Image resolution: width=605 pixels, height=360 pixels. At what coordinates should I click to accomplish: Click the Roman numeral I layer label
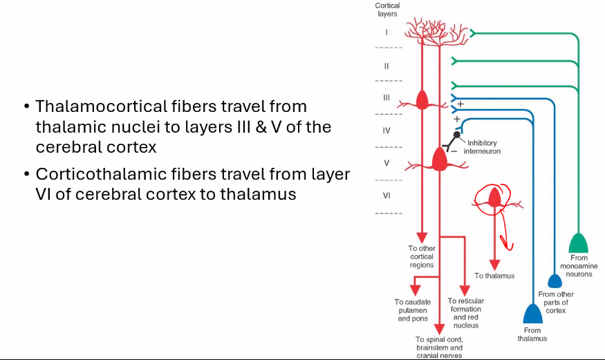387,32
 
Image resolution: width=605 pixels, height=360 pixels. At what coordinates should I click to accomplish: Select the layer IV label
387,130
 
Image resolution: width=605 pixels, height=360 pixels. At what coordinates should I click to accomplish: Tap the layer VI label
387,196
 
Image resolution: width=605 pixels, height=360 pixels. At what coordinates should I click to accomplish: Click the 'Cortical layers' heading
387,10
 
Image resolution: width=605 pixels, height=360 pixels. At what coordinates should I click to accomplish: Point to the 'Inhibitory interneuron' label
482,146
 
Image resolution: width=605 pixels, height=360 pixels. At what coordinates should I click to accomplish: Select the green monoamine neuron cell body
579,243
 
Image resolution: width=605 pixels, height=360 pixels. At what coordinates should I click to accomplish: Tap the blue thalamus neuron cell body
532,314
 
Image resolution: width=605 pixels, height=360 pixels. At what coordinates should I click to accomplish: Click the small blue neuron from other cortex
555,281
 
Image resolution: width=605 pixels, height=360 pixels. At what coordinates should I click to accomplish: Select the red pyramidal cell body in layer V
440,160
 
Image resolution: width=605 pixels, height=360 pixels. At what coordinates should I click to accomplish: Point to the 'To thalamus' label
494,276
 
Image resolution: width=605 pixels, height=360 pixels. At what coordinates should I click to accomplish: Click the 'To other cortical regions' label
421,256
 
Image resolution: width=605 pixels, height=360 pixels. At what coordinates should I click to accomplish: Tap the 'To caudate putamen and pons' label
413,310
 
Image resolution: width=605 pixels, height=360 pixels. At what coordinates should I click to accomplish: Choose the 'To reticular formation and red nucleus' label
465,313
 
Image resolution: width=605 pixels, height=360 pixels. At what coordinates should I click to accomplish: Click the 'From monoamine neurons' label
579,266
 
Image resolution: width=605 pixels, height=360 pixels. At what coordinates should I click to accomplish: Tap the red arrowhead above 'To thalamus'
494,265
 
